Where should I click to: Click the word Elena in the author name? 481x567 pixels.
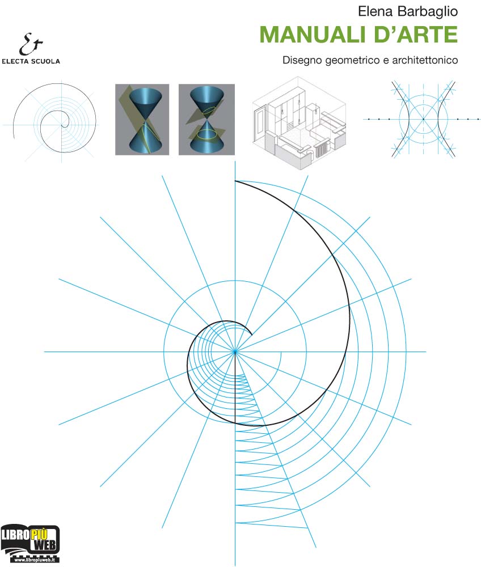pyautogui.click(x=375, y=11)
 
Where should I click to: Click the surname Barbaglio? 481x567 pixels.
pyautogui.click(x=428, y=12)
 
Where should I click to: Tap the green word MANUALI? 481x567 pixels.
pyautogui.click(x=313, y=35)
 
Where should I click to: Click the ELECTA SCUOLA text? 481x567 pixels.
pyautogui.click(x=31, y=61)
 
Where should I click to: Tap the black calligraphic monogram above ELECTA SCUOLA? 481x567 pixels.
pyautogui.click(x=31, y=44)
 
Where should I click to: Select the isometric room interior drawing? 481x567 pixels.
pyautogui.click(x=299, y=123)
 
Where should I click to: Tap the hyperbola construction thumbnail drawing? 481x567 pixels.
pyautogui.click(x=423, y=119)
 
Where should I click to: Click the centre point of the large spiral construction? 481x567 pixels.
pyautogui.click(x=235, y=351)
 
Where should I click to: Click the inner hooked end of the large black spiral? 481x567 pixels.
pyautogui.click(x=251, y=334)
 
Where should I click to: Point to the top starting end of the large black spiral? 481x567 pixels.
pyautogui.click(x=235, y=181)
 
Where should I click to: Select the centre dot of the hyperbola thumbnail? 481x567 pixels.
pyautogui.click(x=423, y=119)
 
